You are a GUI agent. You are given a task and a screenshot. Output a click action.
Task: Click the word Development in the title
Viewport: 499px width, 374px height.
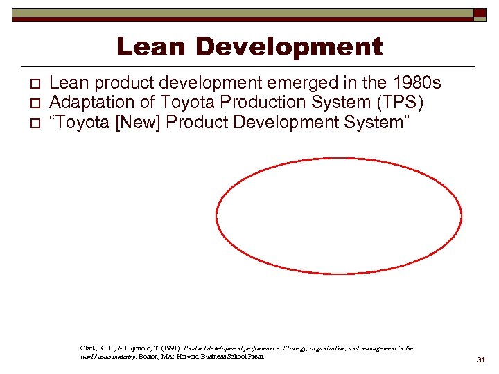click(x=290, y=47)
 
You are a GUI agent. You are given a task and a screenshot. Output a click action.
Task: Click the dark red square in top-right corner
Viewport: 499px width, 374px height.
click(x=480, y=13)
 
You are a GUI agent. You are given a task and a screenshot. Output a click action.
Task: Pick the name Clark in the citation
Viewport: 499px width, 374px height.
click(x=89, y=348)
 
